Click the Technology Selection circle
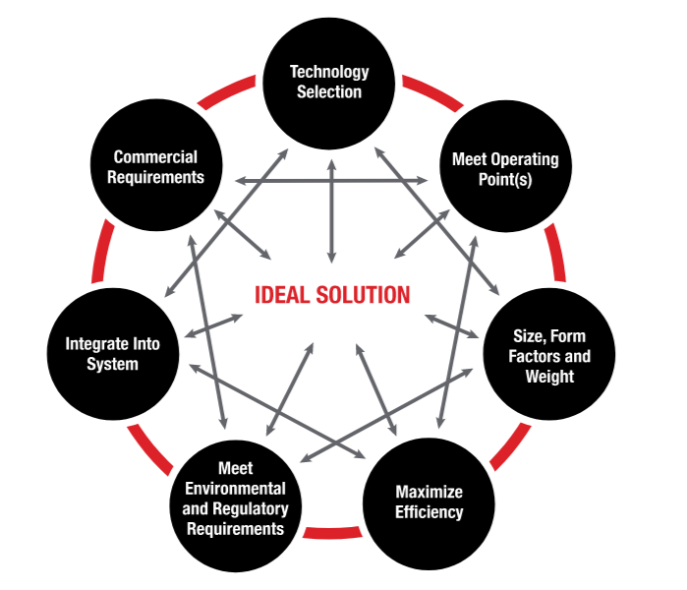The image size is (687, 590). click(x=329, y=84)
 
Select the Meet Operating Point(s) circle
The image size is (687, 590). click(x=505, y=165)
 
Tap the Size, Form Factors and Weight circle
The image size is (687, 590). click(x=549, y=354)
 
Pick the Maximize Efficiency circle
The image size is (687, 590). click(x=429, y=503)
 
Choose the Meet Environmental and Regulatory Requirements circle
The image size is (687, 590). click(x=236, y=505)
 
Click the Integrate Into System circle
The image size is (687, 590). click(x=113, y=354)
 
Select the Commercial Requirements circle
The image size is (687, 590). click(x=156, y=165)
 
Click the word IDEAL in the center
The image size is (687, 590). click(x=282, y=295)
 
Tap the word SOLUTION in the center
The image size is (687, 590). click(x=364, y=295)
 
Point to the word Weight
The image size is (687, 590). click(x=549, y=377)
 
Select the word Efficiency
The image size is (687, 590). click(x=429, y=512)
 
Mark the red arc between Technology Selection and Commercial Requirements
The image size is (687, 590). click(x=226, y=90)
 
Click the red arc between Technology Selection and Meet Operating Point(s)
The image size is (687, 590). click(x=432, y=92)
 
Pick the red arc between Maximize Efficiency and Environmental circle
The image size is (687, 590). click(x=332, y=532)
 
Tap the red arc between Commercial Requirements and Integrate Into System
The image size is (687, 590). click(x=102, y=251)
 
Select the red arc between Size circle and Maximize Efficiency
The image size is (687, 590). click(x=510, y=447)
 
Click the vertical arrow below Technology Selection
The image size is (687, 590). click(x=331, y=211)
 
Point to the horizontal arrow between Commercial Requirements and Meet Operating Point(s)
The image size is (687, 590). click(x=331, y=180)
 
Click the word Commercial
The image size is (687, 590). click(x=155, y=157)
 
